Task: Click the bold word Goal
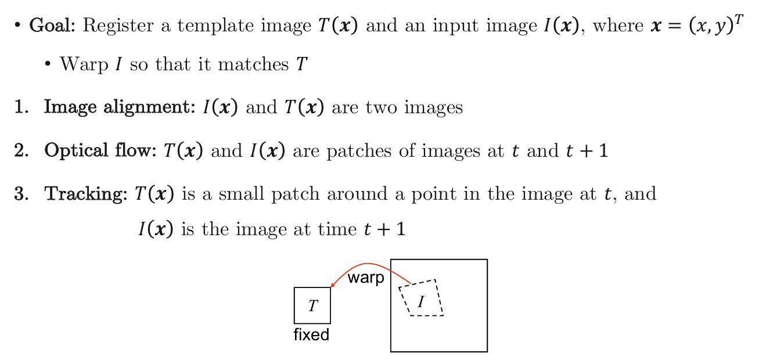pyautogui.click(x=52, y=25)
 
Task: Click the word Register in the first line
pyautogui.click(x=118, y=26)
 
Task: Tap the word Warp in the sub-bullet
pyautogui.click(x=84, y=64)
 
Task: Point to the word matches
pyautogui.click(x=253, y=64)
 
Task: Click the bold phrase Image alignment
pyautogui.click(x=120, y=107)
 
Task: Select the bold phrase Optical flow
pyautogui.click(x=100, y=150)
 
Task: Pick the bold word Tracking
pyautogui.click(x=86, y=195)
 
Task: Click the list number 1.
pyautogui.click(x=21, y=107)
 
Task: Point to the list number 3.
pyautogui.click(x=21, y=194)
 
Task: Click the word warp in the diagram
pyautogui.click(x=366, y=278)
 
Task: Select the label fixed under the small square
pyautogui.click(x=311, y=334)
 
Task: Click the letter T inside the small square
pyautogui.click(x=313, y=306)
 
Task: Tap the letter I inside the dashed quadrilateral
pyautogui.click(x=421, y=301)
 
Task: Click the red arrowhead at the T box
pyautogui.click(x=333, y=285)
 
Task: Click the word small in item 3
pyautogui.click(x=241, y=194)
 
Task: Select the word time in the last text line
pyautogui.click(x=337, y=229)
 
